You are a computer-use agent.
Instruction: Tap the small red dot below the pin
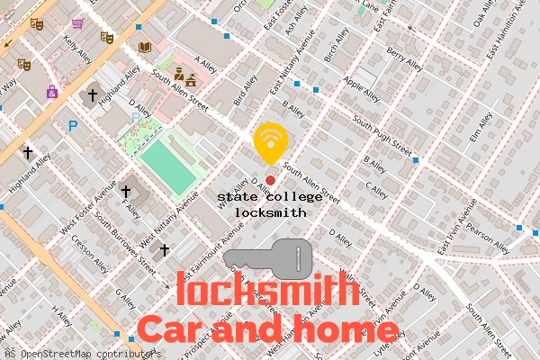270,180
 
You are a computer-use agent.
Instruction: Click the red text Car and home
254,328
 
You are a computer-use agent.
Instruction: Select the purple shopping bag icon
52,91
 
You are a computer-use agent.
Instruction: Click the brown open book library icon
145,46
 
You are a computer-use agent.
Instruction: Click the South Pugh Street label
382,133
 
